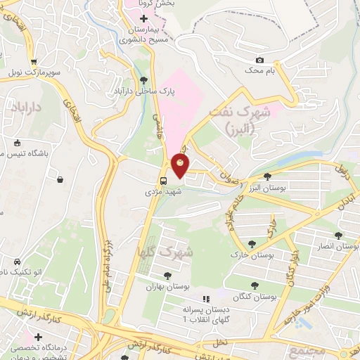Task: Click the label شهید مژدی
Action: (164, 191)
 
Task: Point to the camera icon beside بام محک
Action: (260, 60)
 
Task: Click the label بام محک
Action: (259, 72)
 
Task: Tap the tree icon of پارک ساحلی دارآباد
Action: (144, 80)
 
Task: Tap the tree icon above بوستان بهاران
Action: (167, 276)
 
